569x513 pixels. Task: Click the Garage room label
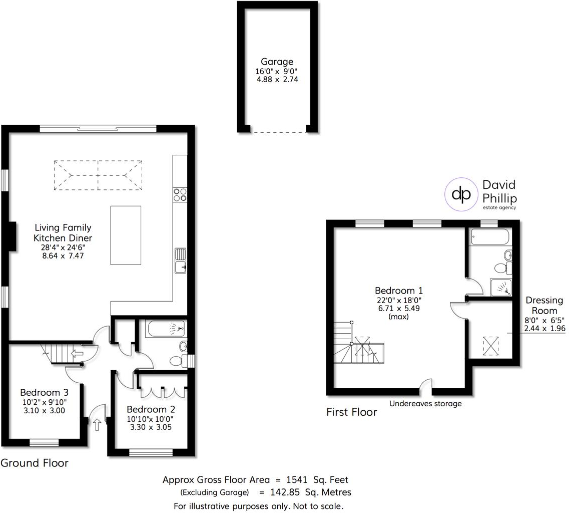[x=277, y=62]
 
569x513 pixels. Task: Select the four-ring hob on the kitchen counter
[x=180, y=194]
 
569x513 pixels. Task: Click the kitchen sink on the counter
[x=180, y=261]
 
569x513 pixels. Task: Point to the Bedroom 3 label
[x=44, y=392]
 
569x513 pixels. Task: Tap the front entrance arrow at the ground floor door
[x=97, y=425]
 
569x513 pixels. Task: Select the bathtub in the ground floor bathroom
[x=166, y=329]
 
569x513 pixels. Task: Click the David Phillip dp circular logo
[x=460, y=194]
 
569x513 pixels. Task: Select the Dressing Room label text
[x=544, y=306]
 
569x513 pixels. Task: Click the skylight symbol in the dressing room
[x=491, y=344]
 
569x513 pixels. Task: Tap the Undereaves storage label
[x=425, y=403]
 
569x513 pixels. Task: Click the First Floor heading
[x=351, y=412]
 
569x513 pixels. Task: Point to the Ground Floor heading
[x=34, y=462]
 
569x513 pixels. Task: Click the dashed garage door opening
[x=278, y=132]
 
